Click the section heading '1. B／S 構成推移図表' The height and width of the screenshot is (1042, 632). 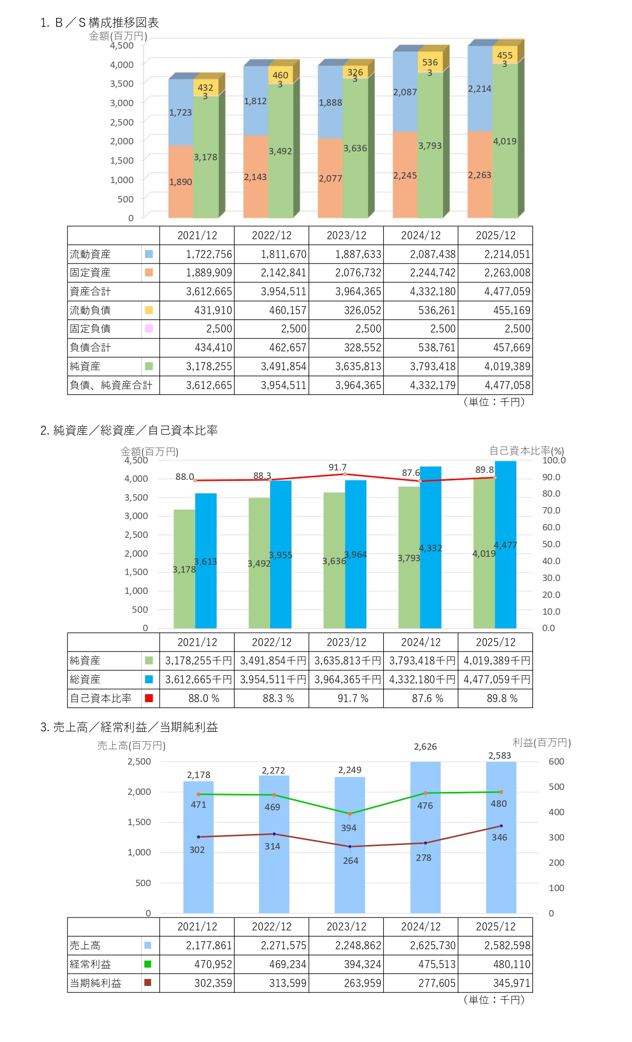(100, 23)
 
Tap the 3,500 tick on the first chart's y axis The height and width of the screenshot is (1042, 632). (122, 83)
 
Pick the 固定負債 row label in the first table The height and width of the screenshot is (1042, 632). (90, 329)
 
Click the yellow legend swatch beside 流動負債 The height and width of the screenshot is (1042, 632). (149, 310)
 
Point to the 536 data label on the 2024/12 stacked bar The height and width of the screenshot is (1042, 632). (430, 63)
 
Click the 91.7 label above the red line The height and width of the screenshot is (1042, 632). (338, 467)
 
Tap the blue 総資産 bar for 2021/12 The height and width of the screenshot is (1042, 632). (206, 561)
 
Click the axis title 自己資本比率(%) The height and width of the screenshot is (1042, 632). (526, 451)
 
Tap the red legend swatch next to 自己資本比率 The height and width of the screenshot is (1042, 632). (149, 698)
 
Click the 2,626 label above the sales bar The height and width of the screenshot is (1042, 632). (425, 747)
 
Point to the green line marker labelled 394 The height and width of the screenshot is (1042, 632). (350, 814)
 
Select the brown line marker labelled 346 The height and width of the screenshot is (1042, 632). (501, 827)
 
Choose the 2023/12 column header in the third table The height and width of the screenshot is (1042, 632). (346, 927)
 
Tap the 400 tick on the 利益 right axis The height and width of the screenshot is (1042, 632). (556, 812)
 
